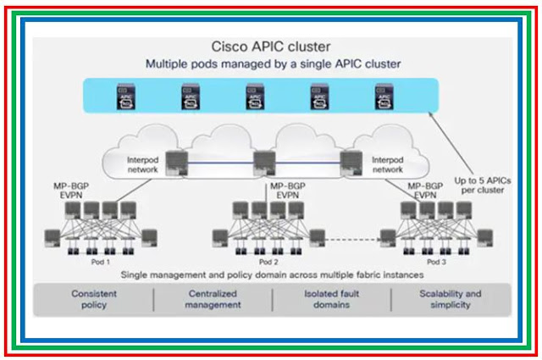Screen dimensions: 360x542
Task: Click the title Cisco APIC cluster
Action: [x=270, y=47]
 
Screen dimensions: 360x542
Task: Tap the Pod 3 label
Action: [x=435, y=263]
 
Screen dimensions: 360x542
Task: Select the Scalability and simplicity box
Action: [x=450, y=299]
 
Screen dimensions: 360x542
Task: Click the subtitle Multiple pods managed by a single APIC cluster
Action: [x=270, y=64]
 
